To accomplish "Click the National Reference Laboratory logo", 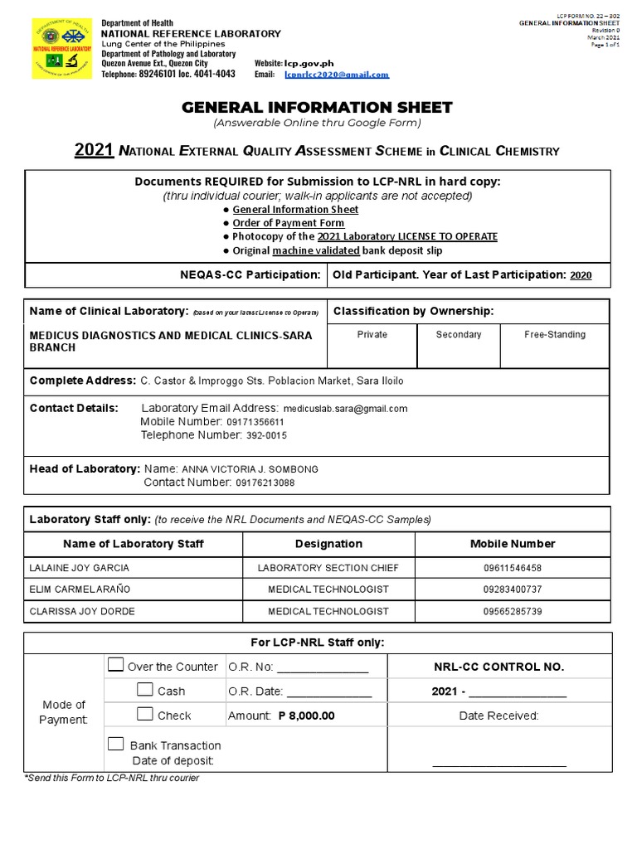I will [x=62, y=49].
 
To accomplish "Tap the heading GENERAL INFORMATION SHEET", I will [x=317, y=107].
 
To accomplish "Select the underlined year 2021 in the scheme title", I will [x=94, y=150].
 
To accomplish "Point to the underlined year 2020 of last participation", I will [x=581, y=275].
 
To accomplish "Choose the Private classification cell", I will [x=372, y=335].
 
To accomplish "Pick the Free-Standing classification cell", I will [x=555, y=335].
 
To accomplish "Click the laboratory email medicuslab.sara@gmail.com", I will [x=345, y=409].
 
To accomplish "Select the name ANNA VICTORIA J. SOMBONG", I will [x=250, y=469].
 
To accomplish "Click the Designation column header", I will [x=328, y=544].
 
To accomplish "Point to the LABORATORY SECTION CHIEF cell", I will [x=328, y=568].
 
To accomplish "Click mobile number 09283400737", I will [x=513, y=589].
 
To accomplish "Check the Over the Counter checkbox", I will [x=115, y=665].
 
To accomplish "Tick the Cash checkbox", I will [x=145, y=690].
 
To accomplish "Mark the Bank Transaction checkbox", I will [x=115, y=744].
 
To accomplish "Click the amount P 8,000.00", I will [x=306, y=716].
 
